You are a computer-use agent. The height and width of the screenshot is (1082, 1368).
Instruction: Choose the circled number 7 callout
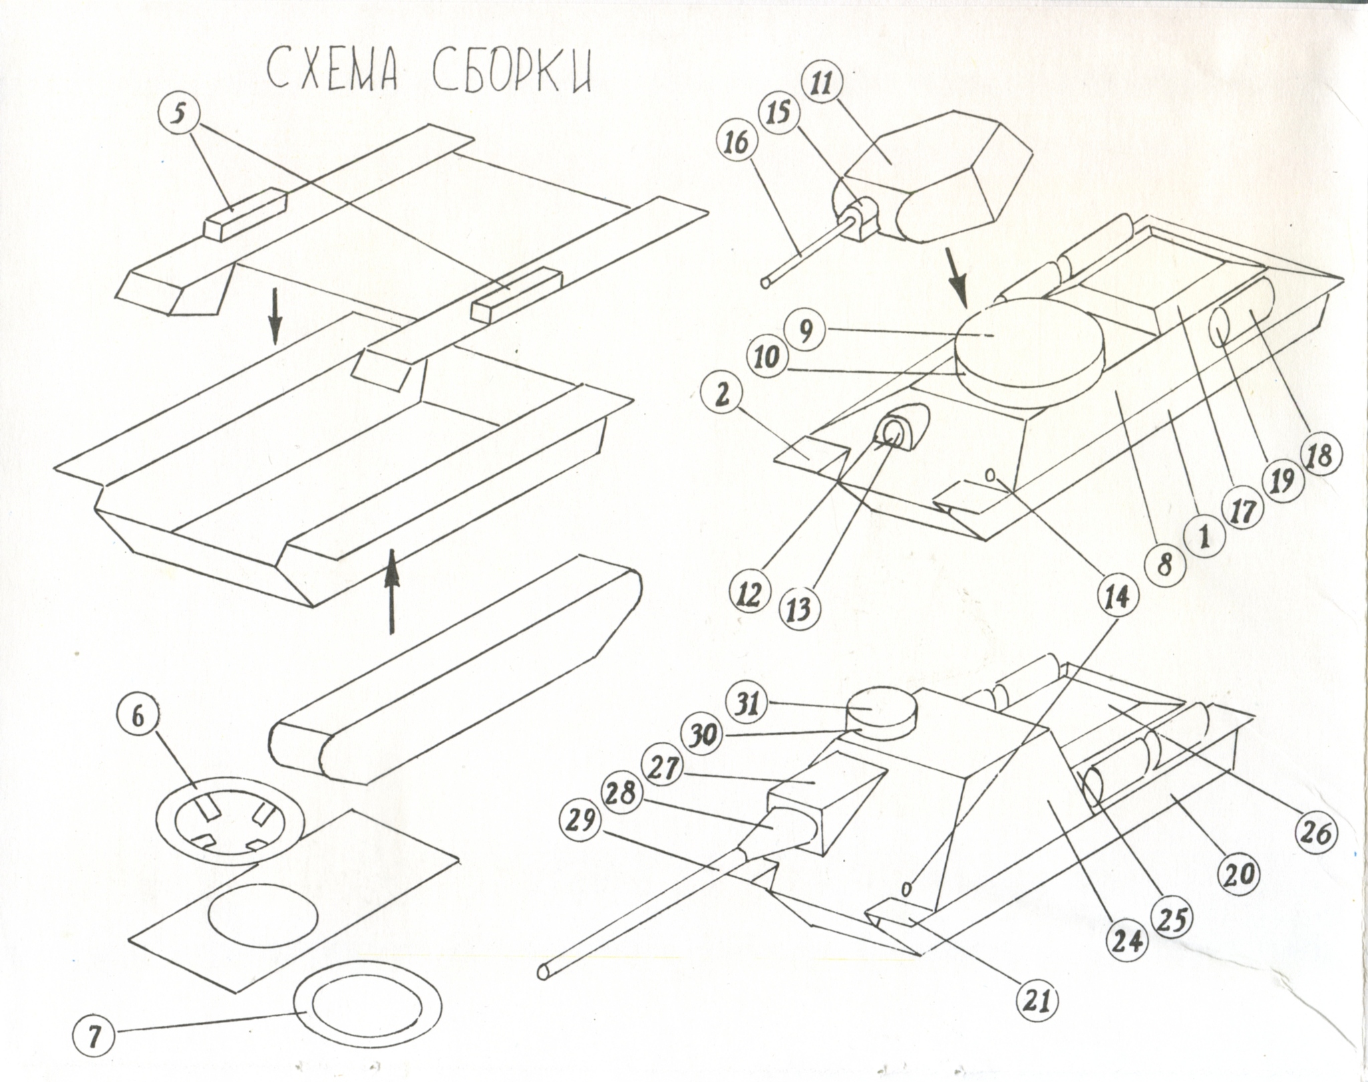pos(94,1039)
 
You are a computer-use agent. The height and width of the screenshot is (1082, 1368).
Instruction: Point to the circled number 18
pos(1321,456)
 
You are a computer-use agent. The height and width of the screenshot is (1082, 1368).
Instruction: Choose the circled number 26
pos(1313,833)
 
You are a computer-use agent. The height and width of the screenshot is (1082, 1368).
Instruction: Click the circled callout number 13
pos(799,610)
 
